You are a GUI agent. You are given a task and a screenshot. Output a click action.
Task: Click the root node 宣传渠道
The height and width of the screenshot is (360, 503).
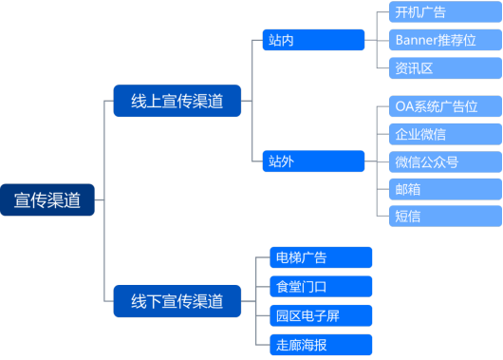47,200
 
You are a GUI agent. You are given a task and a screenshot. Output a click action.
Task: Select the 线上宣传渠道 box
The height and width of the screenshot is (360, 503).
177,101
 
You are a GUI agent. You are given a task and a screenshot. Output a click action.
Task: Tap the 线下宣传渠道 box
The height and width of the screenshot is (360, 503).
177,301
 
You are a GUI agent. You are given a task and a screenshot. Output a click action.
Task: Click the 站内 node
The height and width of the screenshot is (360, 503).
313,40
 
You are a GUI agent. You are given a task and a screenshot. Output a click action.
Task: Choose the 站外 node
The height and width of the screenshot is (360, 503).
313,161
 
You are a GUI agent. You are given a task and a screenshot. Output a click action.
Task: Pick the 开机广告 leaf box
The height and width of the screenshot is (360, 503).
444,12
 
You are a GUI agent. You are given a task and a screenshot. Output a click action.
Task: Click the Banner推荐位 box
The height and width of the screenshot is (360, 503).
444,40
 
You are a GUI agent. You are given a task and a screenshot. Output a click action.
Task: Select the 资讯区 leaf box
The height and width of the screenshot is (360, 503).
444,66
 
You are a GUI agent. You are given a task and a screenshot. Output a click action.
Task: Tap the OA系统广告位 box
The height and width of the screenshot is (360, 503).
444,106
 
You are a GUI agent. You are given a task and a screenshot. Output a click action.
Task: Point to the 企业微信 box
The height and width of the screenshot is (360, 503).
444,134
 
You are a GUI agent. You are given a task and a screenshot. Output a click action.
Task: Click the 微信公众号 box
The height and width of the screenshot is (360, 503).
444,161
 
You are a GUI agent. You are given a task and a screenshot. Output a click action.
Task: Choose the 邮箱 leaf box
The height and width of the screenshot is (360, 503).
444,189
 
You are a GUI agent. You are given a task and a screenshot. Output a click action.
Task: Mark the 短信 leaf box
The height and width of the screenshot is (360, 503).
444,216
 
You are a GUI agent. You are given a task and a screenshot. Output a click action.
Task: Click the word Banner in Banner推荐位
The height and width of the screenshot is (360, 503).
418,40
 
